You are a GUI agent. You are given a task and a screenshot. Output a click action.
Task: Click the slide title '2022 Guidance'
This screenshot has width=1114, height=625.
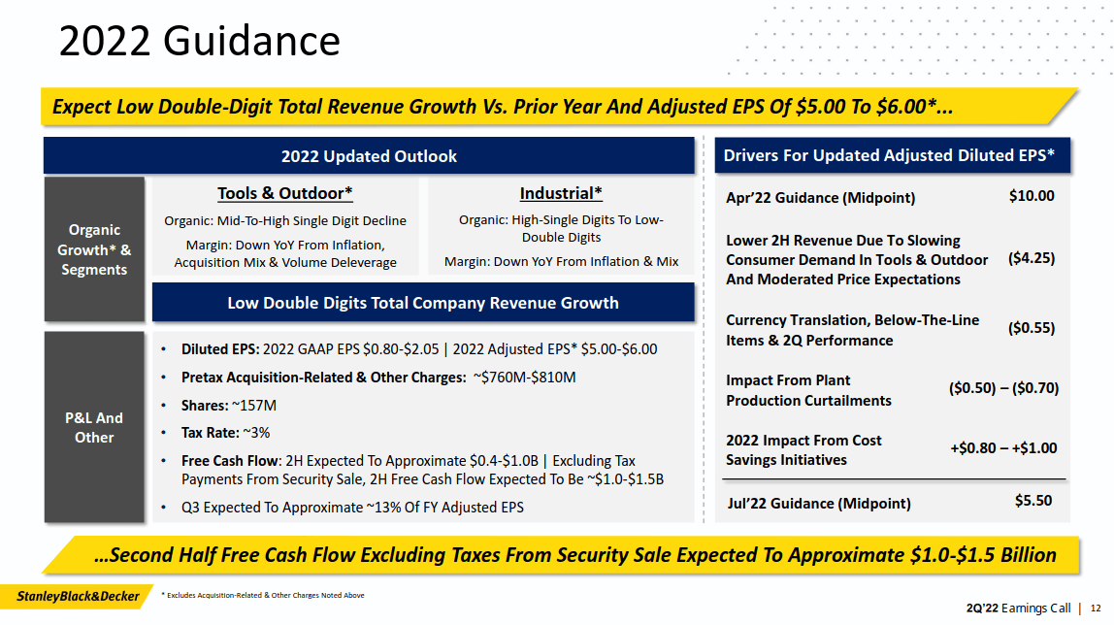click(x=200, y=42)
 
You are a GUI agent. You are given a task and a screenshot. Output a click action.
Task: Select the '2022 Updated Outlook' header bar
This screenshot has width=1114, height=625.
click(x=369, y=156)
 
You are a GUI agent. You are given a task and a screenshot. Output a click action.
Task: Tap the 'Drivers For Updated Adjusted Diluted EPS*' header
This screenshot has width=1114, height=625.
click(x=889, y=155)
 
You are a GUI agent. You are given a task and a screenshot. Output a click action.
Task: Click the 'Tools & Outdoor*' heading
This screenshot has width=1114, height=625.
click(x=284, y=193)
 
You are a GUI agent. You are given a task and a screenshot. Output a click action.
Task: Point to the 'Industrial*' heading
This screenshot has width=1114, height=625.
click(x=561, y=193)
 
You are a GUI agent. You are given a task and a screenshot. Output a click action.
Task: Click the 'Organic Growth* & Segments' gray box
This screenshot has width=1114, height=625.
click(x=94, y=249)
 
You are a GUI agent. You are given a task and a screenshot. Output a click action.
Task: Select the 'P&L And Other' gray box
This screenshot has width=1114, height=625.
click(x=94, y=427)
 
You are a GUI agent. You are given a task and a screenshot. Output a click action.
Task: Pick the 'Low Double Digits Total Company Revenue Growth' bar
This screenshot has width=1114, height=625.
click(x=423, y=303)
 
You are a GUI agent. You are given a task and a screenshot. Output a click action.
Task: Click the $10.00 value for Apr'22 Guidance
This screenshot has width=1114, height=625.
click(x=1032, y=196)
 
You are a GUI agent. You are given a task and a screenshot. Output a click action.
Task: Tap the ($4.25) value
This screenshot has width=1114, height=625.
click(x=1032, y=258)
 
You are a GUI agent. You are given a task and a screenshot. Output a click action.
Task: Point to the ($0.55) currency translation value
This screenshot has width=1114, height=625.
click(x=1032, y=328)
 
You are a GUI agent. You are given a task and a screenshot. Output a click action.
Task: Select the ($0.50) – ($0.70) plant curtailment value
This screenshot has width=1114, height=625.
click(x=1003, y=388)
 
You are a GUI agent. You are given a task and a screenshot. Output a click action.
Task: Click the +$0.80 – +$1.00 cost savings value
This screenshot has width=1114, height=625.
click(x=1003, y=448)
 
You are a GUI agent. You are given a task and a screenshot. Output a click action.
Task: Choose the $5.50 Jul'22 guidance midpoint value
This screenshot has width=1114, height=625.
click(x=1033, y=502)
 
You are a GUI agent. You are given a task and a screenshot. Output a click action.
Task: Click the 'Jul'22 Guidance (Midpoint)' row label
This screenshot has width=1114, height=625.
click(x=819, y=503)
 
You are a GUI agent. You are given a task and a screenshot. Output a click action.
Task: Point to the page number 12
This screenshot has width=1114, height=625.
click(x=1096, y=609)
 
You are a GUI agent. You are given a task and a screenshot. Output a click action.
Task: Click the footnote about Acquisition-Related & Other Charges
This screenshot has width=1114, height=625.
click(x=263, y=595)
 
